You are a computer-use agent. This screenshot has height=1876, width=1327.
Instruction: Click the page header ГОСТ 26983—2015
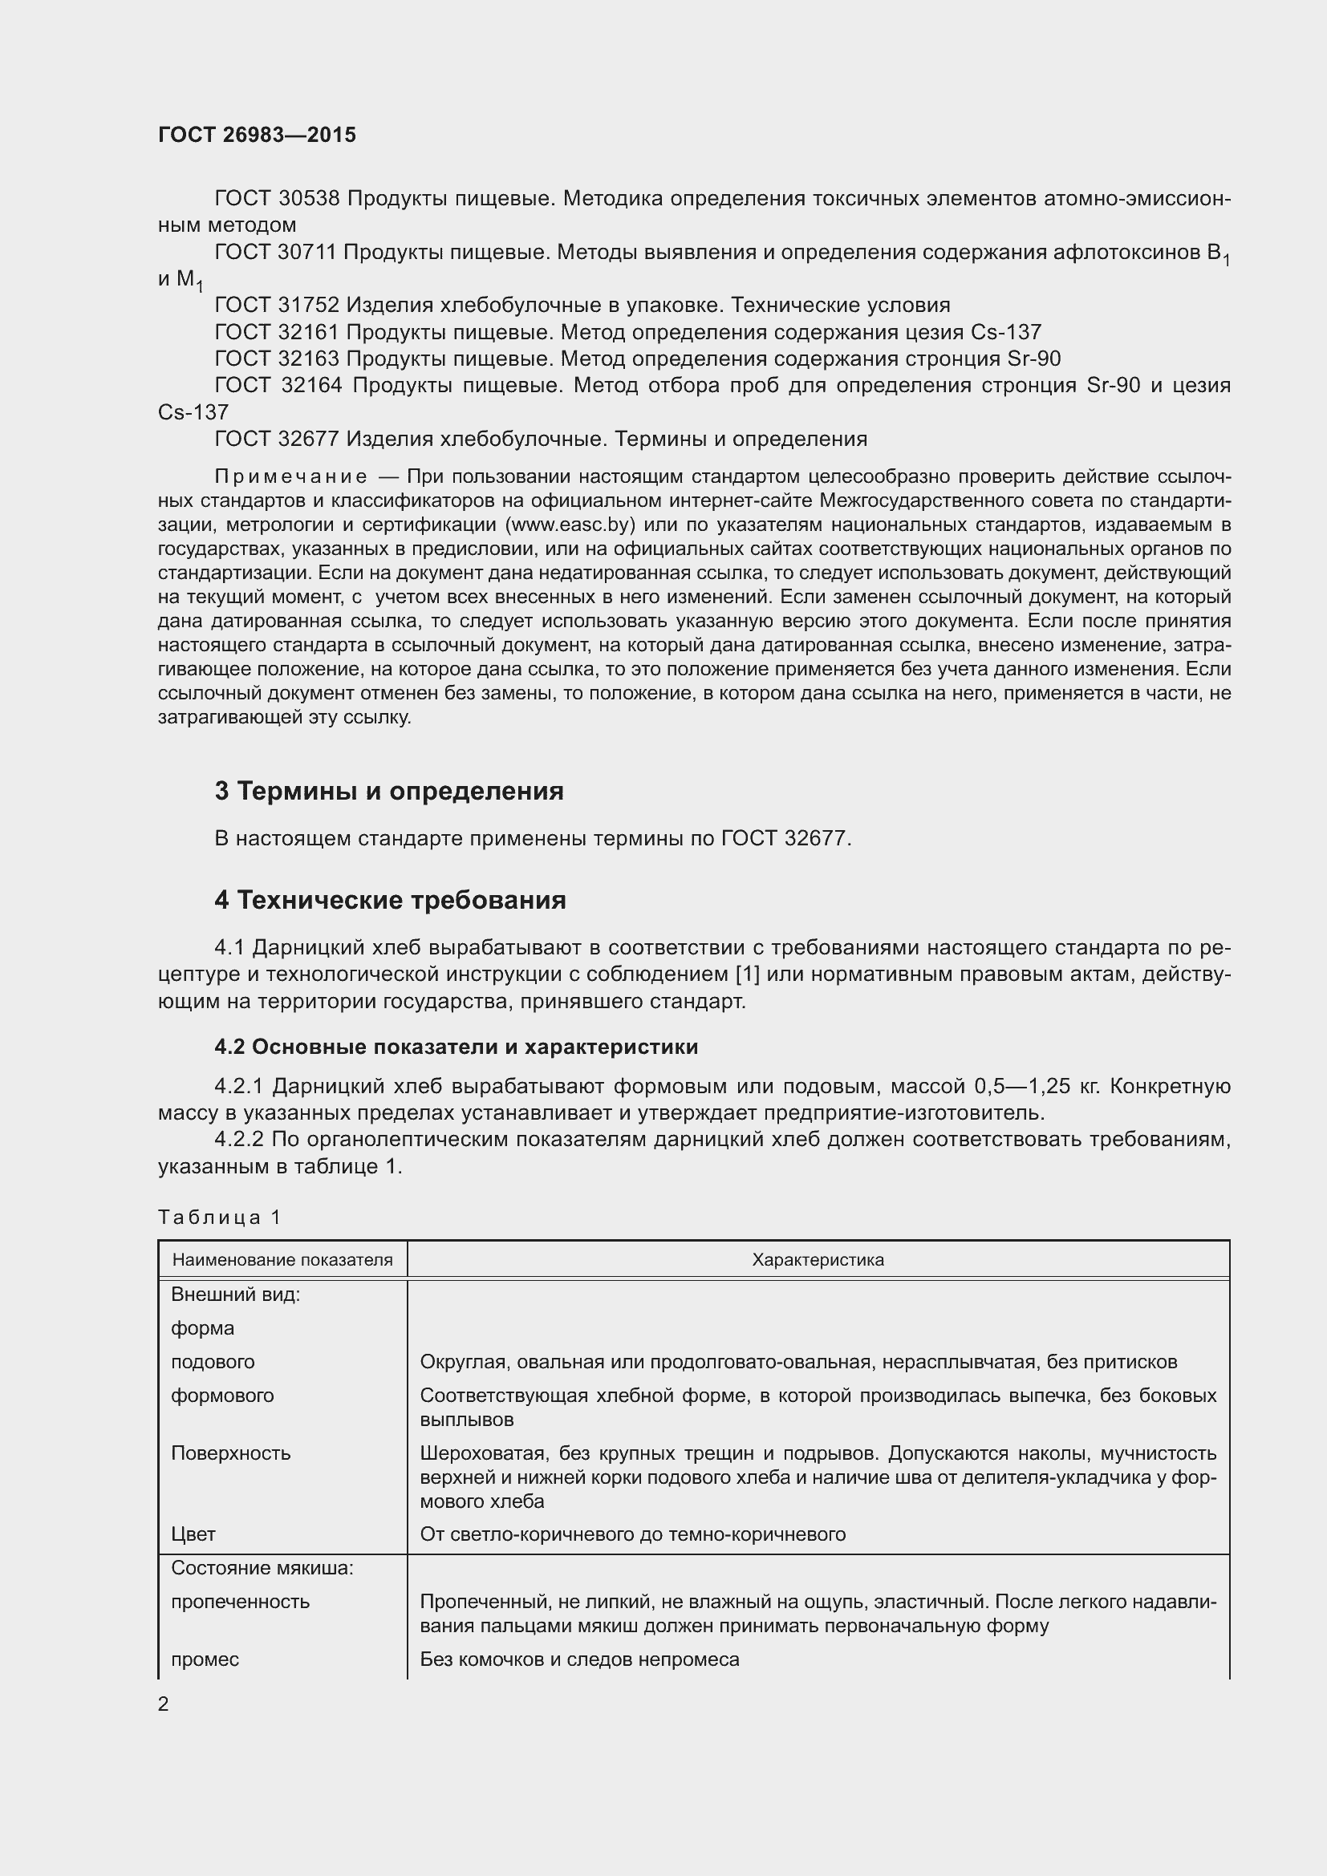coord(257,135)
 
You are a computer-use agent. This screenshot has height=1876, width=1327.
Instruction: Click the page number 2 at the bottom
coord(164,1704)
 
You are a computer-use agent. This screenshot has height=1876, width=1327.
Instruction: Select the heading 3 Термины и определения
coord(389,791)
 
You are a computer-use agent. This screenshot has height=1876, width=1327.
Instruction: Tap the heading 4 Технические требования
coord(390,900)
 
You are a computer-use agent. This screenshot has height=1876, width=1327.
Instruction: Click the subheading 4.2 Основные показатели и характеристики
coord(456,1047)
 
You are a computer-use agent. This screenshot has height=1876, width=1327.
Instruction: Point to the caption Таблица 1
coord(219,1217)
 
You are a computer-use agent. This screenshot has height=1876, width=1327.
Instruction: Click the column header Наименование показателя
coord(282,1259)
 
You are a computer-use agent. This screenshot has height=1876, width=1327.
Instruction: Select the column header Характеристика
coord(817,1259)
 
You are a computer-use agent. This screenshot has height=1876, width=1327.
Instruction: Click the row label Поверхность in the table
coord(230,1453)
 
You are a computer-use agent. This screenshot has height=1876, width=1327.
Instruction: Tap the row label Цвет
coord(193,1534)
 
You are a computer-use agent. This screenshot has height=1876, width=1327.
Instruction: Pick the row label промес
coord(205,1659)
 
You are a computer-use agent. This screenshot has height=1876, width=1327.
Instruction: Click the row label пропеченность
coord(239,1601)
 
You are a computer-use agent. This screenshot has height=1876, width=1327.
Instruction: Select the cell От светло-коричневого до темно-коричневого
coord(632,1534)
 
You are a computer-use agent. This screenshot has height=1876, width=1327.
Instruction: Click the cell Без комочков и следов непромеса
coord(578,1659)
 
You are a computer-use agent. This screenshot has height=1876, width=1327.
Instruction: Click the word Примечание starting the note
coord(290,476)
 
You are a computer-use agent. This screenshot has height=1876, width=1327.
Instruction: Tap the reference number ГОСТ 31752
coord(276,306)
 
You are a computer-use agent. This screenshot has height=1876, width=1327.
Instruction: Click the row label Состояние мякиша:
coord(262,1567)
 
